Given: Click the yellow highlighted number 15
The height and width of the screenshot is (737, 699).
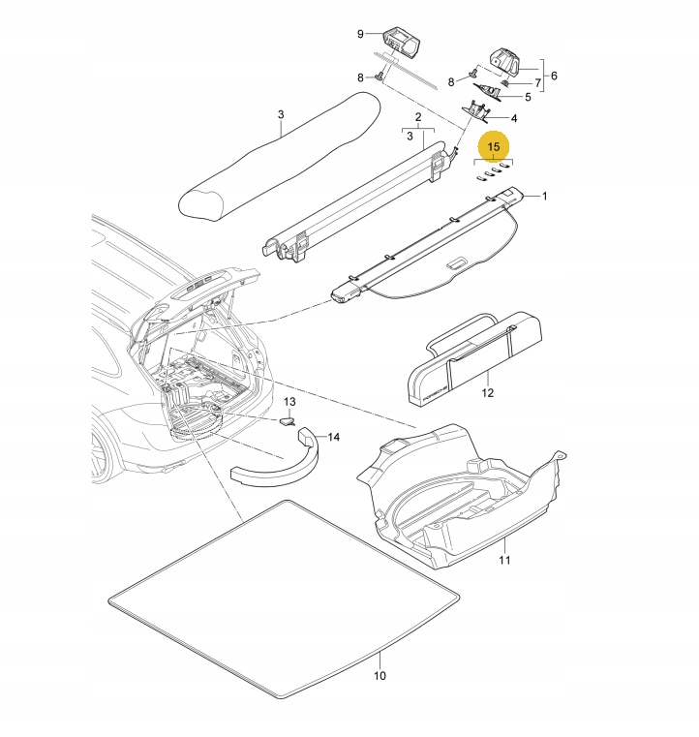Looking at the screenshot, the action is pyautogui.click(x=493, y=147).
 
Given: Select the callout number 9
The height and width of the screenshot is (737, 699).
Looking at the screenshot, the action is pyautogui.click(x=360, y=34).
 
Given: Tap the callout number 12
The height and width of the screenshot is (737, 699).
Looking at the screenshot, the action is pyautogui.click(x=488, y=393).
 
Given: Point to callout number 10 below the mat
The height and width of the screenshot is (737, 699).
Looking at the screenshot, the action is pyautogui.click(x=380, y=675).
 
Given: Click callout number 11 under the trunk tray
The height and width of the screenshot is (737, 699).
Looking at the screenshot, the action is pyautogui.click(x=504, y=560).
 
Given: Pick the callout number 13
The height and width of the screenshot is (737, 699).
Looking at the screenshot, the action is pyautogui.click(x=289, y=401).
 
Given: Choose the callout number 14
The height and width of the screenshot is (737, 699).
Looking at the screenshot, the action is pyautogui.click(x=334, y=437).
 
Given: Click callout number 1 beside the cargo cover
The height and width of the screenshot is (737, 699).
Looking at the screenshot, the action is pyautogui.click(x=544, y=196).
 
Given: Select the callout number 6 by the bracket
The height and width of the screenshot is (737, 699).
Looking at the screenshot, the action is pyautogui.click(x=554, y=76).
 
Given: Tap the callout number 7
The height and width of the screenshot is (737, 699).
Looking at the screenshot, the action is pyautogui.click(x=538, y=83).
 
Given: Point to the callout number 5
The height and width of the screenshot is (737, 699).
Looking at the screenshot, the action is pyautogui.click(x=528, y=97).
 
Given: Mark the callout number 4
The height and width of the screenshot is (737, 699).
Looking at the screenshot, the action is pyautogui.click(x=513, y=118).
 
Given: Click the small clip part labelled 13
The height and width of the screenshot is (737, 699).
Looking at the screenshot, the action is pyautogui.click(x=288, y=420).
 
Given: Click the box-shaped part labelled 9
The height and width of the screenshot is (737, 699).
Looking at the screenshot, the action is pyautogui.click(x=402, y=44).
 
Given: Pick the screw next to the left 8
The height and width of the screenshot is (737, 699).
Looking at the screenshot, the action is pyautogui.click(x=380, y=76).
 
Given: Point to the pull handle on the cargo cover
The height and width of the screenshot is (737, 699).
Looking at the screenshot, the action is pyautogui.click(x=457, y=263).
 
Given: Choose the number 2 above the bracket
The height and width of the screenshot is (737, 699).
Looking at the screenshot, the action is pyautogui.click(x=418, y=117).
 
